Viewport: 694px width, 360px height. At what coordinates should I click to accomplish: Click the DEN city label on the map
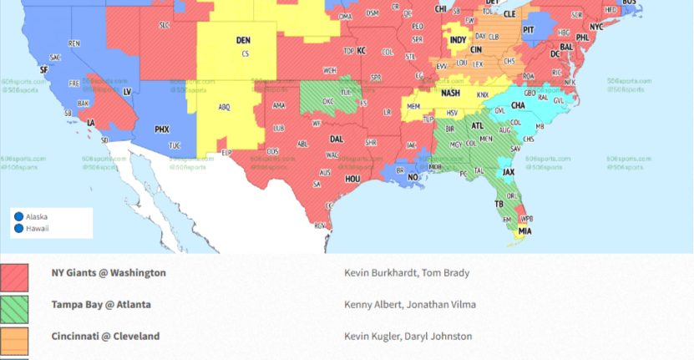pos(243,39)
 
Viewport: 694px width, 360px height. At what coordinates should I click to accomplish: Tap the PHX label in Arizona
pos(162,129)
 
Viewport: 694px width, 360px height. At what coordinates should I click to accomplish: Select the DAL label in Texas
pos(337,139)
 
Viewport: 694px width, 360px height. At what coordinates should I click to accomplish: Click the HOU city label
pos(352,179)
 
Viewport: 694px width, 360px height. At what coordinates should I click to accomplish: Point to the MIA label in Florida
pos(524,231)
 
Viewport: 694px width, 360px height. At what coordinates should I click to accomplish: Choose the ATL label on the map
pos(478,126)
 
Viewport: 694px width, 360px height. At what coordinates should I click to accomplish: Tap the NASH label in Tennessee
pos(450,93)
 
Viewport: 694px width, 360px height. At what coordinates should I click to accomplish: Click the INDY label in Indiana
pos(458,39)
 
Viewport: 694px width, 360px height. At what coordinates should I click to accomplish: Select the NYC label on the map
pos(595,27)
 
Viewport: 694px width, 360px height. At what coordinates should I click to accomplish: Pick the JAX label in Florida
pos(509,172)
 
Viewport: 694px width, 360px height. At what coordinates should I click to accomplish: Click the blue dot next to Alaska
pos(18,216)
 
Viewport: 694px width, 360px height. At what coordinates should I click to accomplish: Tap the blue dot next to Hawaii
pos(18,228)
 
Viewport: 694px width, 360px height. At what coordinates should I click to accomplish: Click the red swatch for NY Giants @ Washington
pos(14,276)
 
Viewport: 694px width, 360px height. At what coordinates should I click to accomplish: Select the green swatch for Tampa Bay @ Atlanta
pos(14,308)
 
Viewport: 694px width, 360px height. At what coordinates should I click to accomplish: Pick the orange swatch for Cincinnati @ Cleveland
pos(14,340)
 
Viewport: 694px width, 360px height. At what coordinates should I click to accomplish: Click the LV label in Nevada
pos(127,91)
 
